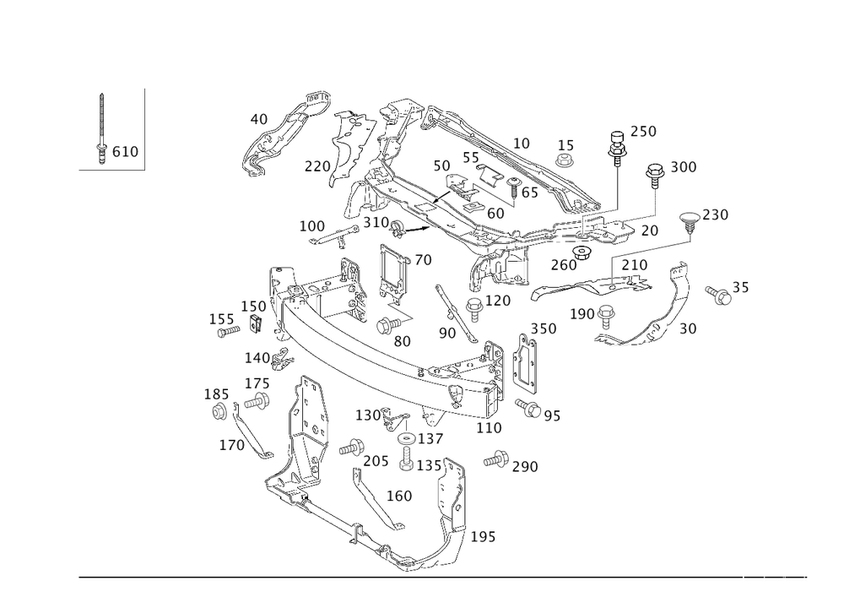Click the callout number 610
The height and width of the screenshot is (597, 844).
(126, 151)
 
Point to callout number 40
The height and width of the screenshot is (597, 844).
(258, 120)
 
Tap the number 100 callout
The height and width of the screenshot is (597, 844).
(311, 227)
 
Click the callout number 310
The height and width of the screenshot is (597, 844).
(375, 221)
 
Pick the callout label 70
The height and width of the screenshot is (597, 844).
(423, 260)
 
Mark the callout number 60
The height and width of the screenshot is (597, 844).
(495, 214)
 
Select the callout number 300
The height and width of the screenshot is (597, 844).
(683, 168)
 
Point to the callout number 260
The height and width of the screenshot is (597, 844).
(563, 265)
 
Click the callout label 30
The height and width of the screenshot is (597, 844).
(688, 327)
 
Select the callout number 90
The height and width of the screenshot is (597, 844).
(446, 334)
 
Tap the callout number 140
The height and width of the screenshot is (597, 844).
(256, 357)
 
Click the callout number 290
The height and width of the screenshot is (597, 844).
(525, 466)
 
